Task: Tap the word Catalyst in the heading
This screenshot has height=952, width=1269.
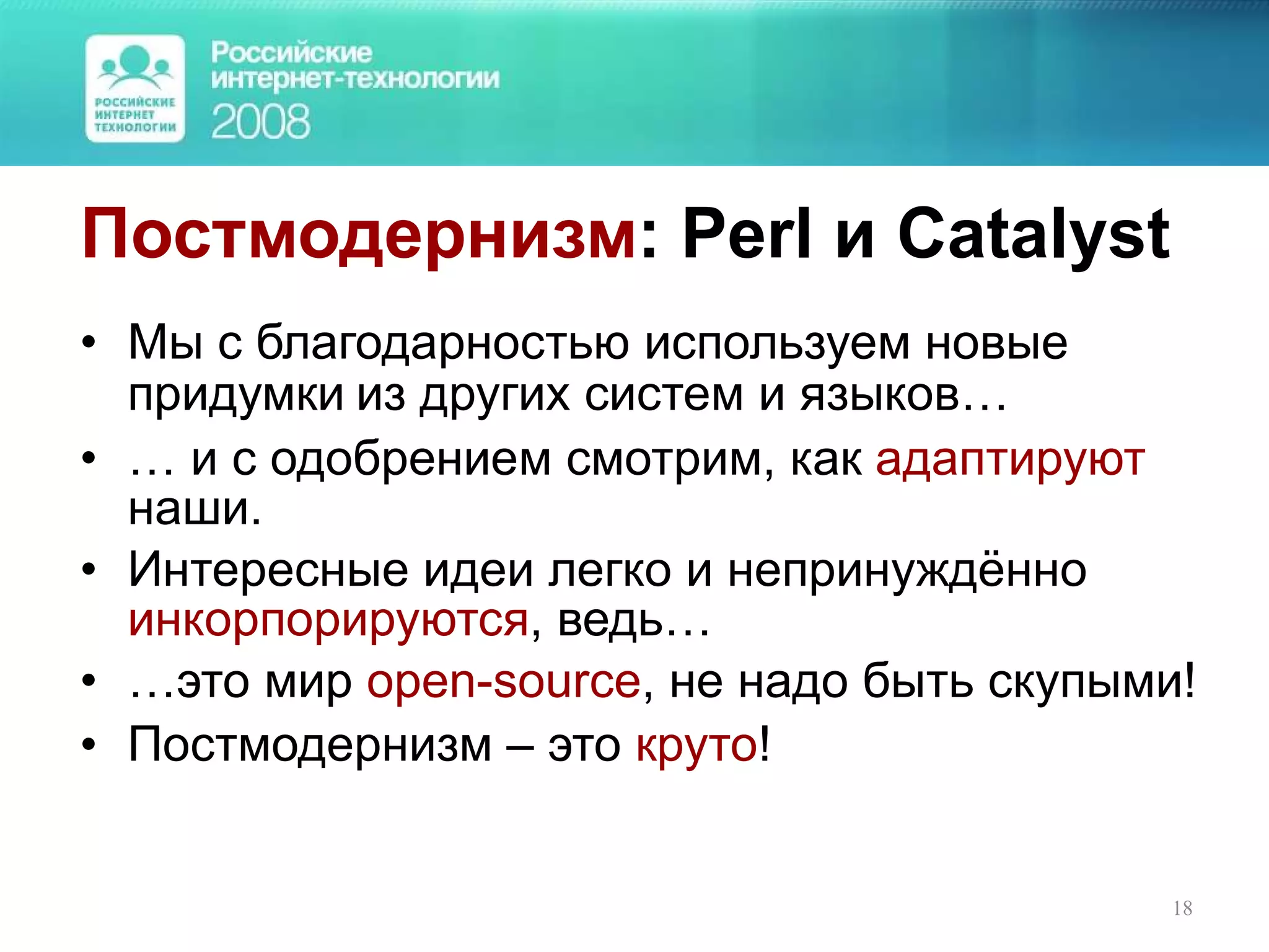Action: coord(1033,234)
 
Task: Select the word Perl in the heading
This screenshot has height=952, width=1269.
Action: coord(746,234)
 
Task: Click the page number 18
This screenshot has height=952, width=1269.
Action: coord(1182,909)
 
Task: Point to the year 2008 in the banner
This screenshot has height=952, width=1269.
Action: coord(260,121)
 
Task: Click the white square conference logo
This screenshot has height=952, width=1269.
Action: coord(135,89)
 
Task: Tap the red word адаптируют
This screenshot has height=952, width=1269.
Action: coord(1010,461)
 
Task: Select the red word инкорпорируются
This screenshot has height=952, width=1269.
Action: coord(328,620)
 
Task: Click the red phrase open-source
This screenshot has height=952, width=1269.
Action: coord(503,682)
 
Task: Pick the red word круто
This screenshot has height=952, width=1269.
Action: coord(696,744)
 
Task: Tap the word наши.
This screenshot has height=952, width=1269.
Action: coord(194,509)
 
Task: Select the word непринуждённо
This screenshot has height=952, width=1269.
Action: coord(907,570)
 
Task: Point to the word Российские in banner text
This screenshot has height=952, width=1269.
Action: coord(291,53)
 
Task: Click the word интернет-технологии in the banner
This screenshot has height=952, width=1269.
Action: coord(355,79)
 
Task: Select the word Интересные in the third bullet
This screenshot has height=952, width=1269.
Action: coord(268,570)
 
